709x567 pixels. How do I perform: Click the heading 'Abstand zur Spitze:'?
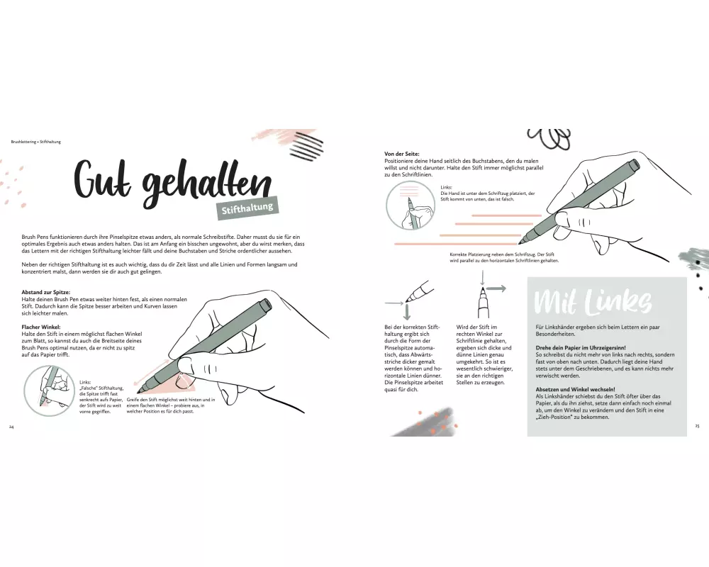click(x=45, y=292)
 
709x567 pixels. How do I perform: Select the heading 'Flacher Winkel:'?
click(x=40, y=327)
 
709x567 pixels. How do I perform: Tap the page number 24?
click(x=11, y=427)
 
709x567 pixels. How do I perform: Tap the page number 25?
click(x=697, y=426)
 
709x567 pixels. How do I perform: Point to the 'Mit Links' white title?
click(x=593, y=301)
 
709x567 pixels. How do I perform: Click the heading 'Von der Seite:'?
click(x=401, y=154)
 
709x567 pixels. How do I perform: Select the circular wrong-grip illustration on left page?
click(x=50, y=391)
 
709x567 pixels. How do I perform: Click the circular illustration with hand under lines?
click(x=411, y=206)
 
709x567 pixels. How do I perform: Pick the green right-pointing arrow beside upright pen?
click(x=496, y=288)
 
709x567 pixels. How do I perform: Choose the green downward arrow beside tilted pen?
click(x=407, y=312)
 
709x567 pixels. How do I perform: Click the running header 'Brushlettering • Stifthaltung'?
click(x=35, y=142)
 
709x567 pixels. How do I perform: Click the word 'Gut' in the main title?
click(x=102, y=179)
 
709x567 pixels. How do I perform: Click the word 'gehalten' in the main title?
click(x=207, y=186)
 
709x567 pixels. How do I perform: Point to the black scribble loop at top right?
click(x=549, y=138)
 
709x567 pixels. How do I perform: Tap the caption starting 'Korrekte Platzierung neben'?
click(x=504, y=257)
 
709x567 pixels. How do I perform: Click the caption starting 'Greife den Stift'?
click(x=171, y=405)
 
